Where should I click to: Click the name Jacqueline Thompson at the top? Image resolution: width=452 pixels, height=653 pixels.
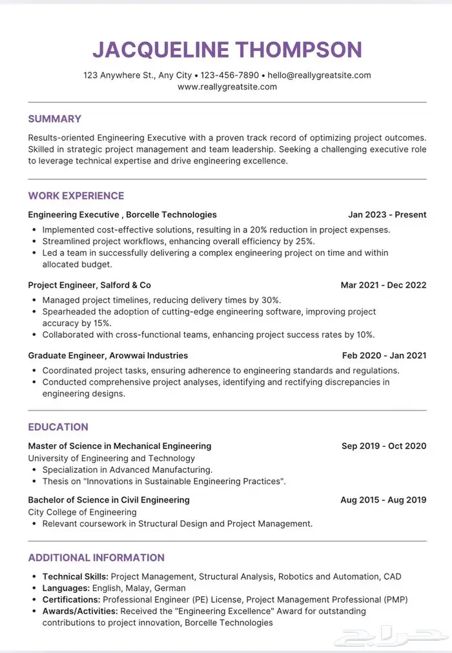point(227,50)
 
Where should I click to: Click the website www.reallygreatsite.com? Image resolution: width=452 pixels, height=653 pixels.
point(227,87)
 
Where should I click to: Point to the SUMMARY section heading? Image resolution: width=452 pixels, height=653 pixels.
point(55,119)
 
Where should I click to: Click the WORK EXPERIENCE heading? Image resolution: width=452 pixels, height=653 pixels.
point(76,196)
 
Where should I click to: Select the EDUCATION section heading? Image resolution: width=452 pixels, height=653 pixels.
point(58,427)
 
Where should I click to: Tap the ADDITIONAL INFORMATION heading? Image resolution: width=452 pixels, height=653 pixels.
point(96,557)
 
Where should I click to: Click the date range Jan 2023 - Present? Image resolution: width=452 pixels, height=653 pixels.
point(387,214)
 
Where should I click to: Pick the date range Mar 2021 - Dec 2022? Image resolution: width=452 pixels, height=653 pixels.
point(384,285)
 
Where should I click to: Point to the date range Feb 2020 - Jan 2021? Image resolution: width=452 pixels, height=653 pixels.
point(384,355)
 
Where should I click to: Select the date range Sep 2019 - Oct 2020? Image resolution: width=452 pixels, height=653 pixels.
point(384,446)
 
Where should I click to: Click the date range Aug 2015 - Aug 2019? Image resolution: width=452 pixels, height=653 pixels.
point(384,499)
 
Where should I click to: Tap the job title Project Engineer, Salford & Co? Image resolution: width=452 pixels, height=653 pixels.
point(90,285)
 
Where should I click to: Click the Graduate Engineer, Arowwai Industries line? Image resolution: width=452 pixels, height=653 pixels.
point(108,355)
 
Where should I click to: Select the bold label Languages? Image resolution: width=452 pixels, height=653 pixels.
point(66,588)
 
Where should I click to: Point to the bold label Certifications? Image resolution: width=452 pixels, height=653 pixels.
point(71,599)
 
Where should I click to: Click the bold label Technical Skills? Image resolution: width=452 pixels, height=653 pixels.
point(76,576)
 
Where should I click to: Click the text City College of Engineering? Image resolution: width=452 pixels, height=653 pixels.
point(82,512)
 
